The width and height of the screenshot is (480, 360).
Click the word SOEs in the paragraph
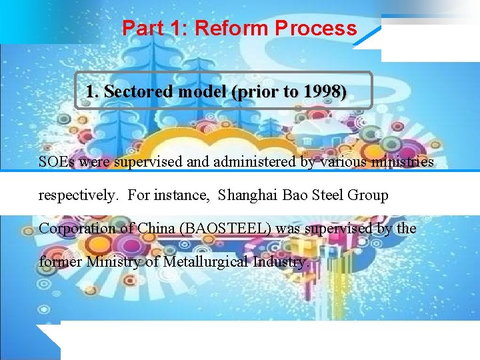coord(56,162)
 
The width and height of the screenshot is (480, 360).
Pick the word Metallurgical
coord(204,262)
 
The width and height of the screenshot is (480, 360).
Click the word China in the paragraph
coord(154,229)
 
